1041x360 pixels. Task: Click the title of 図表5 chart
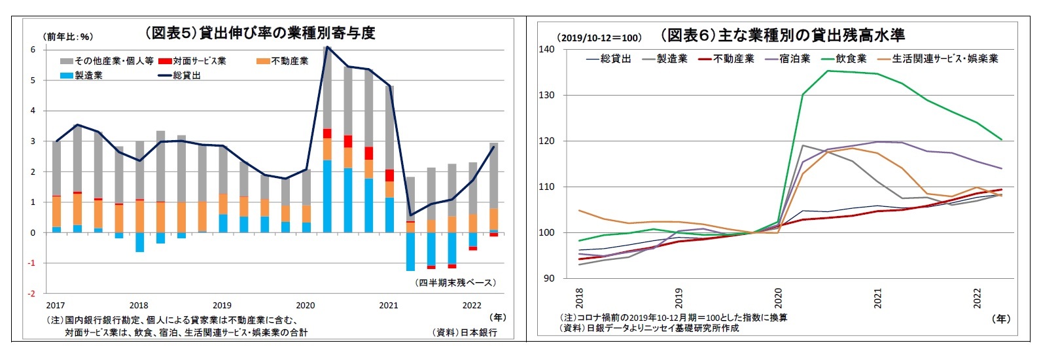pyautogui.click(x=260, y=33)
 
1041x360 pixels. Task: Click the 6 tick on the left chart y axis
pyautogui.click(x=33, y=50)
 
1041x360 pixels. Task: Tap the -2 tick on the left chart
pyautogui.click(x=31, y=294)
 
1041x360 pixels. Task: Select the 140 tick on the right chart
pyautogui.click(x=546, y=49)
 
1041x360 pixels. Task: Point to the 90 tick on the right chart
pyautogui.click(x=548, y=278)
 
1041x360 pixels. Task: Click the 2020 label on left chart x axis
pyautogui.click(x=305, y=305)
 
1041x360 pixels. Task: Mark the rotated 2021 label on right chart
pyautogui.click(x=877, y=298)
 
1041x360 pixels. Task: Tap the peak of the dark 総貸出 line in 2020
pyautogui.click(x=327, y=46)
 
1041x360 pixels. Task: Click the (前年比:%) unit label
pyautogui.click(x=69, y=37)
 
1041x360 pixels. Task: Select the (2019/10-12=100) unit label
pyautogui.click(x=599, y=37)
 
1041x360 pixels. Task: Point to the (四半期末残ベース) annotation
pyautogui.click(x=455, y=283)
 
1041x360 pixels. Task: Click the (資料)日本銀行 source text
pyautogui.click(x=465, y=332)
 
